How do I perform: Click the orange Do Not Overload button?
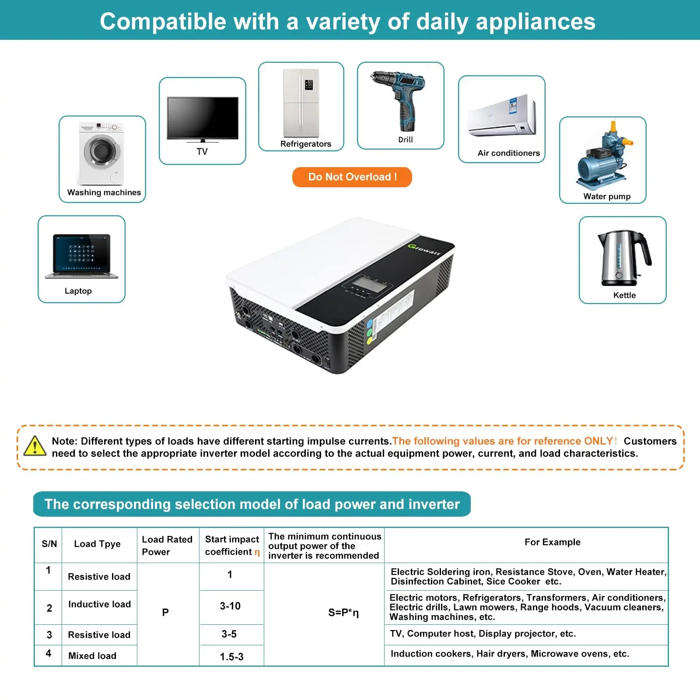(352, 177)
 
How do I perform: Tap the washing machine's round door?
(103, 151)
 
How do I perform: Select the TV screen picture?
(203, 118)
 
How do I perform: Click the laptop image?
(81, 256)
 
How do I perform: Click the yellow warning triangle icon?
(35, 446)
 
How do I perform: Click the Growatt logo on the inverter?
(424, 249)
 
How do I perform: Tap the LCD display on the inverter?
(365, 283)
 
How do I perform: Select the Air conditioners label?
(508, 153)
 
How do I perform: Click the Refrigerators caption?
(305, 144)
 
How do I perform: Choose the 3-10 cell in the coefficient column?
(230, 606)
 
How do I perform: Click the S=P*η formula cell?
(343, 612)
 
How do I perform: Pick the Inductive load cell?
(99, 604)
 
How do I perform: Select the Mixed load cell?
(92, 656)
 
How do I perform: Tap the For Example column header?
(552, 542)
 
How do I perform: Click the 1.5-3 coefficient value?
(231, 657)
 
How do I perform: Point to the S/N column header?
(49, 544)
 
